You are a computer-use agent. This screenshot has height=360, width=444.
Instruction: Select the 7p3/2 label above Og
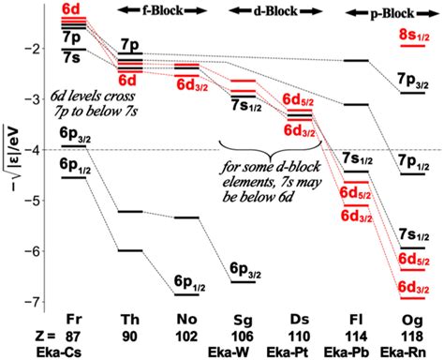click(412, 81)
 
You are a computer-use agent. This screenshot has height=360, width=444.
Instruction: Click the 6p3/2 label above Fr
click(73, 134)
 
